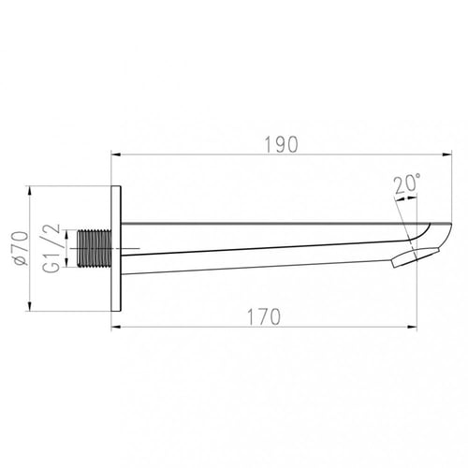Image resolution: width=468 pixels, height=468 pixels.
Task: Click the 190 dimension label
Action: (x=281, y=145)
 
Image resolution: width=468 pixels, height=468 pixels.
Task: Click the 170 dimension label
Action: (x=264, y=316)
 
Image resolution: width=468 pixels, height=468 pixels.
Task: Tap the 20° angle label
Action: (x=407, y=184)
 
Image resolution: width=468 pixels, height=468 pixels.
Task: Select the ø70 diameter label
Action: (x=22, y=248)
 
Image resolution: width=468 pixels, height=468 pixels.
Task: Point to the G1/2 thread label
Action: (x=51, y=249)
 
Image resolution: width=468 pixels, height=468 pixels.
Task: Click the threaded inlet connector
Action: (x=95, y=249)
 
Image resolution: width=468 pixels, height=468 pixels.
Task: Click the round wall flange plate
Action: (x=116, y=248)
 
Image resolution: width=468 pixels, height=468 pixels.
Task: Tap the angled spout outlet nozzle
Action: (x=415, y=257)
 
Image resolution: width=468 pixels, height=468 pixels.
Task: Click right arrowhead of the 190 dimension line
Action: (x=447, y=154)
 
